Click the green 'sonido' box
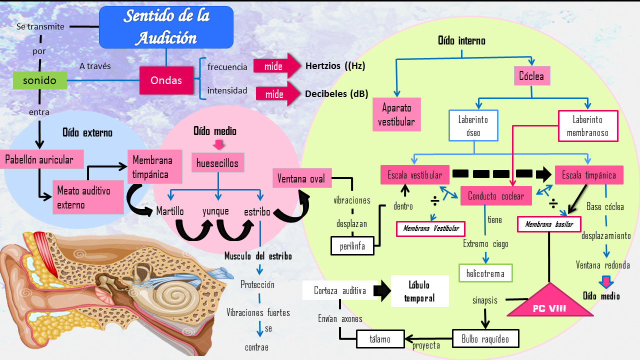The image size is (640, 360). pyautogui.click(x=39, y=80)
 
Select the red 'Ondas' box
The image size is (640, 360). pyautogui.click(x=166, y=80)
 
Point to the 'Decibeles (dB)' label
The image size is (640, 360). pyautogui.click(x=336, y=93)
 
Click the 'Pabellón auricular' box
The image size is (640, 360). pyautogui.click(x=39, y=160)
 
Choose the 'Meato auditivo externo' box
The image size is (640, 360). pyautogui.click(x=88, y=197)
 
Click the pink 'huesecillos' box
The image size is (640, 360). pyautogui.click(x=217, y=163)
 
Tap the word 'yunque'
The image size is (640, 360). pyautogui.click(x=215, y=211)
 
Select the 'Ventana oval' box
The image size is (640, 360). pyautogui.click(x=301, y=178)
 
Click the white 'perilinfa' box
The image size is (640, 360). pyautogui.click(x=352, y=245)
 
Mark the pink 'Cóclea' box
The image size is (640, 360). pyautogui.click(x=531, y=77)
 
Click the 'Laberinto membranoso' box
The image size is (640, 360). pyautogui.click(x=587, y=126)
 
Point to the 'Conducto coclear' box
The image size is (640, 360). pyautogui.click(x=496, y=196)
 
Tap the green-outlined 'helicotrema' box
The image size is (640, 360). pyautogui.click(x=485, y=273)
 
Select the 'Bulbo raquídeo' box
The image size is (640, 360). pyautogui.click(x=485, y=339)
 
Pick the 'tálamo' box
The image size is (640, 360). pyautogui.click(x=380, y=339)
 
